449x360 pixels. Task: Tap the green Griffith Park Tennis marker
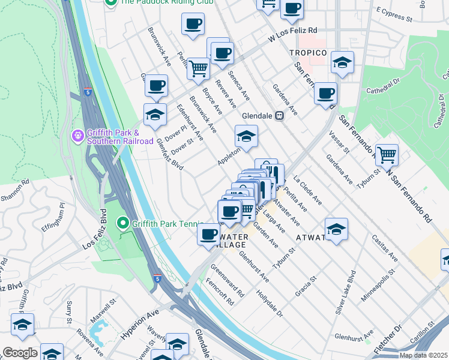(124, 224)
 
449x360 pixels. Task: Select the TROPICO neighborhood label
(309, 53)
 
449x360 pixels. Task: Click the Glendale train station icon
(279, 116)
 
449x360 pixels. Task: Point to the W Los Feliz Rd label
(292, 34)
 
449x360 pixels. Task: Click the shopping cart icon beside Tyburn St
(387, 155)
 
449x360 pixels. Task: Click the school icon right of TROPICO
(342, 62)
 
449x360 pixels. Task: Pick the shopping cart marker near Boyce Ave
(198, 68)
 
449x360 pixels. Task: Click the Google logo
(20, 353)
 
